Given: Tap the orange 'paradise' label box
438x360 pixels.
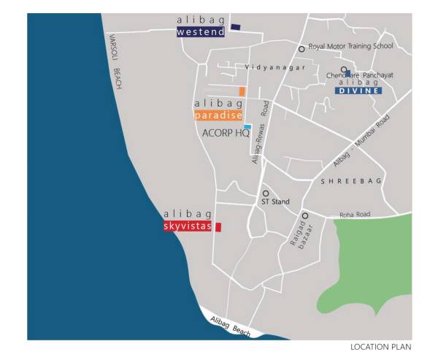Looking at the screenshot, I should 218,115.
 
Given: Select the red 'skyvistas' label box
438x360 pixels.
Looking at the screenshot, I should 188,227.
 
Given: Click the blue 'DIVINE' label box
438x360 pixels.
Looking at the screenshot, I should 358,91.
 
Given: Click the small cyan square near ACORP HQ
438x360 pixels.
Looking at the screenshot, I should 247,127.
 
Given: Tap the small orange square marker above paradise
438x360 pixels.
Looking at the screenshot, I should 242,91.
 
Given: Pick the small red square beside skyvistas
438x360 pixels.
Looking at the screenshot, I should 218,227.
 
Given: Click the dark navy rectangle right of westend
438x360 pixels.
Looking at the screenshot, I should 235,27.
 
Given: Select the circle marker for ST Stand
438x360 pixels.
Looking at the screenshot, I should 266,194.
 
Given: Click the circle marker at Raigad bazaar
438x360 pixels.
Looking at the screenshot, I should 304,215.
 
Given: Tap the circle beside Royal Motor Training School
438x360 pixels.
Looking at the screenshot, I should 301,49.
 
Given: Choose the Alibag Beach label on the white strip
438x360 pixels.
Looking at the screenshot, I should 229,324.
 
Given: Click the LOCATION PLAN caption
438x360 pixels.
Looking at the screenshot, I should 380,346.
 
